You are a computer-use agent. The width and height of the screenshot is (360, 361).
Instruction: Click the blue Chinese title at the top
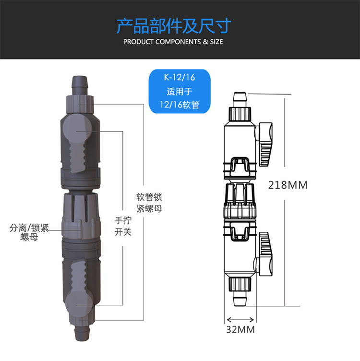(174, 26)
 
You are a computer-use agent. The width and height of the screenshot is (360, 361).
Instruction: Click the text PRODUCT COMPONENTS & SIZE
(173, 42)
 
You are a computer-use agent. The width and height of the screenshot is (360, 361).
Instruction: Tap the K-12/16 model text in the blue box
(180, 77)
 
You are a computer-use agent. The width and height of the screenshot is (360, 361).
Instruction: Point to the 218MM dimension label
(288, 185)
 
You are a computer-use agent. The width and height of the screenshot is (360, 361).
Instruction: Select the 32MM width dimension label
(240, 329)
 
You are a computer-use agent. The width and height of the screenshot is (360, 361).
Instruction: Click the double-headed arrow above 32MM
(240, 320)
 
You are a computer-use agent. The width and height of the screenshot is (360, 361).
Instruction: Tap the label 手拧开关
(123, 226)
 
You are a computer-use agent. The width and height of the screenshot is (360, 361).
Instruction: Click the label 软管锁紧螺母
(149, 203)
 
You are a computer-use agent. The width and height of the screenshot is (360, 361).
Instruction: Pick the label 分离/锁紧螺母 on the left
(29, 232)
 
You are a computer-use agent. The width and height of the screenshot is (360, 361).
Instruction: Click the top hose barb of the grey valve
(80, 85)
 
